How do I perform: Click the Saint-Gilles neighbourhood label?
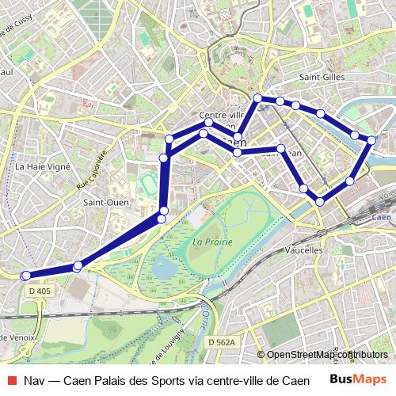(322, 77)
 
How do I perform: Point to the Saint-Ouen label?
(101, 202)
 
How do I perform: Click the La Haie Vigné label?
(43, 167)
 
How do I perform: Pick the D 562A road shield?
(223, 341)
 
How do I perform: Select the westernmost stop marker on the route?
(25, 276)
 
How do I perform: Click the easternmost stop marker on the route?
(371, 140)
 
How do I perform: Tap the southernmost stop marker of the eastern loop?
(320, 202)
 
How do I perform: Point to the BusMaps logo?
(358, 379)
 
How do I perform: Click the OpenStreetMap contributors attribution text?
(327, 355)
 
